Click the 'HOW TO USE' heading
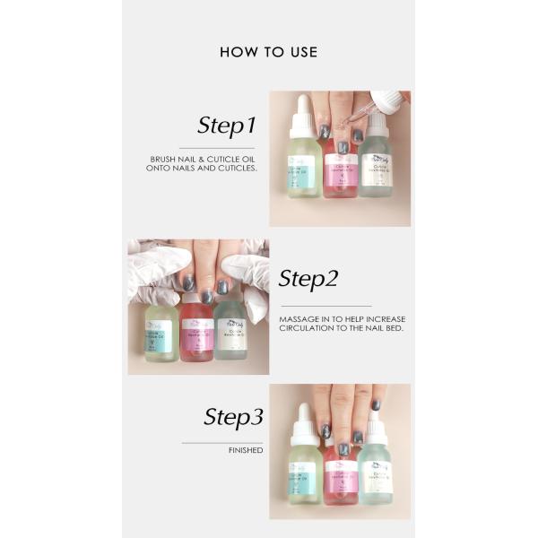(x=268, y=52)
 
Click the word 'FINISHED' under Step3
(x=245, y=450)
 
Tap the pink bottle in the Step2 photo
(x=196, y=332)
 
